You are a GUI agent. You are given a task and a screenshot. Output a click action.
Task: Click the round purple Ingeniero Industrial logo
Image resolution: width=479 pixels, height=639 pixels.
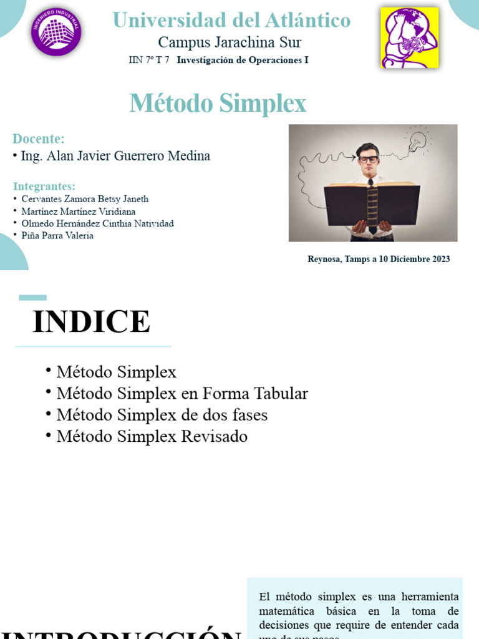coord(56,32)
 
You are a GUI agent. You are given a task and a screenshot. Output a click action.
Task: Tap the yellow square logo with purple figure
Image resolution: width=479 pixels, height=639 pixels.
coord(409,37)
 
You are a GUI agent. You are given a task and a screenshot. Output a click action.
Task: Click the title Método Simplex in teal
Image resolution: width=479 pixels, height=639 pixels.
coord(218,104)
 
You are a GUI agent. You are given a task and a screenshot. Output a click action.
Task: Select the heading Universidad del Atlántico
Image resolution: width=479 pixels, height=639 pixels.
coord(231,21)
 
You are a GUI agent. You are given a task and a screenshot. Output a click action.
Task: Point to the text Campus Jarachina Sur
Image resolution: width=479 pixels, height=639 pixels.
coord(230,42)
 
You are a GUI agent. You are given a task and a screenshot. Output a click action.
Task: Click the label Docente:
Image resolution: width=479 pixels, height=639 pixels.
coord(39,139)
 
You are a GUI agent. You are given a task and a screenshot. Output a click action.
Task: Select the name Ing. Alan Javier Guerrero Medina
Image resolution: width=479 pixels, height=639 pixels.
coord(115,156)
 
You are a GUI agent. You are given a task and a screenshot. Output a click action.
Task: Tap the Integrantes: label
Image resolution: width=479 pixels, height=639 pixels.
coord(44,186)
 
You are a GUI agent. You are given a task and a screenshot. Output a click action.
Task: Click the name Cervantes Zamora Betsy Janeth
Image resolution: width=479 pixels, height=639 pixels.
coord(85,199)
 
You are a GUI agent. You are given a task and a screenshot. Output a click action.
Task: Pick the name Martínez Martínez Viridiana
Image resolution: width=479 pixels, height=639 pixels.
coord(78,212)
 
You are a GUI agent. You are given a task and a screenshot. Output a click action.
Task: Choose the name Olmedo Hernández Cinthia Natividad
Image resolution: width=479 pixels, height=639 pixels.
coord(97,223)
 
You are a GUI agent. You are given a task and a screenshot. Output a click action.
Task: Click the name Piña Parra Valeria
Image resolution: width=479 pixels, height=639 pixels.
coord(57,235)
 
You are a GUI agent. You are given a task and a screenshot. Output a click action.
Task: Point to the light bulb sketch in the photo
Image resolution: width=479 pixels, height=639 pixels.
coord(417,140)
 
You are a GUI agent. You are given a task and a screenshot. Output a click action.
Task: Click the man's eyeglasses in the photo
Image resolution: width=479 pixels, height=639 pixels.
coord(369,159)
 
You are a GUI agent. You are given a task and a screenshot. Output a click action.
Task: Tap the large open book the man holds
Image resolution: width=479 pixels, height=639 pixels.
coord(372,203)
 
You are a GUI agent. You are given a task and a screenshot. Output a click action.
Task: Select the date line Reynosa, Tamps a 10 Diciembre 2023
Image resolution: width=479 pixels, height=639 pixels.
coord(379,259)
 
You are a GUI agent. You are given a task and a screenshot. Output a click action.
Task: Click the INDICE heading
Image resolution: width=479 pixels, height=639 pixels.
coord(91,322)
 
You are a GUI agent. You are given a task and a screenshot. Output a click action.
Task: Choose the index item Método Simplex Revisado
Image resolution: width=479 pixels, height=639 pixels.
coord(152,436)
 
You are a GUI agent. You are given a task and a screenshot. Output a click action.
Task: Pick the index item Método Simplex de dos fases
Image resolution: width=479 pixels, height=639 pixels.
coord(162,415)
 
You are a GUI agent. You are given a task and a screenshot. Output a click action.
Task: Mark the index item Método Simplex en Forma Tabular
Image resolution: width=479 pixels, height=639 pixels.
coord(182,394)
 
